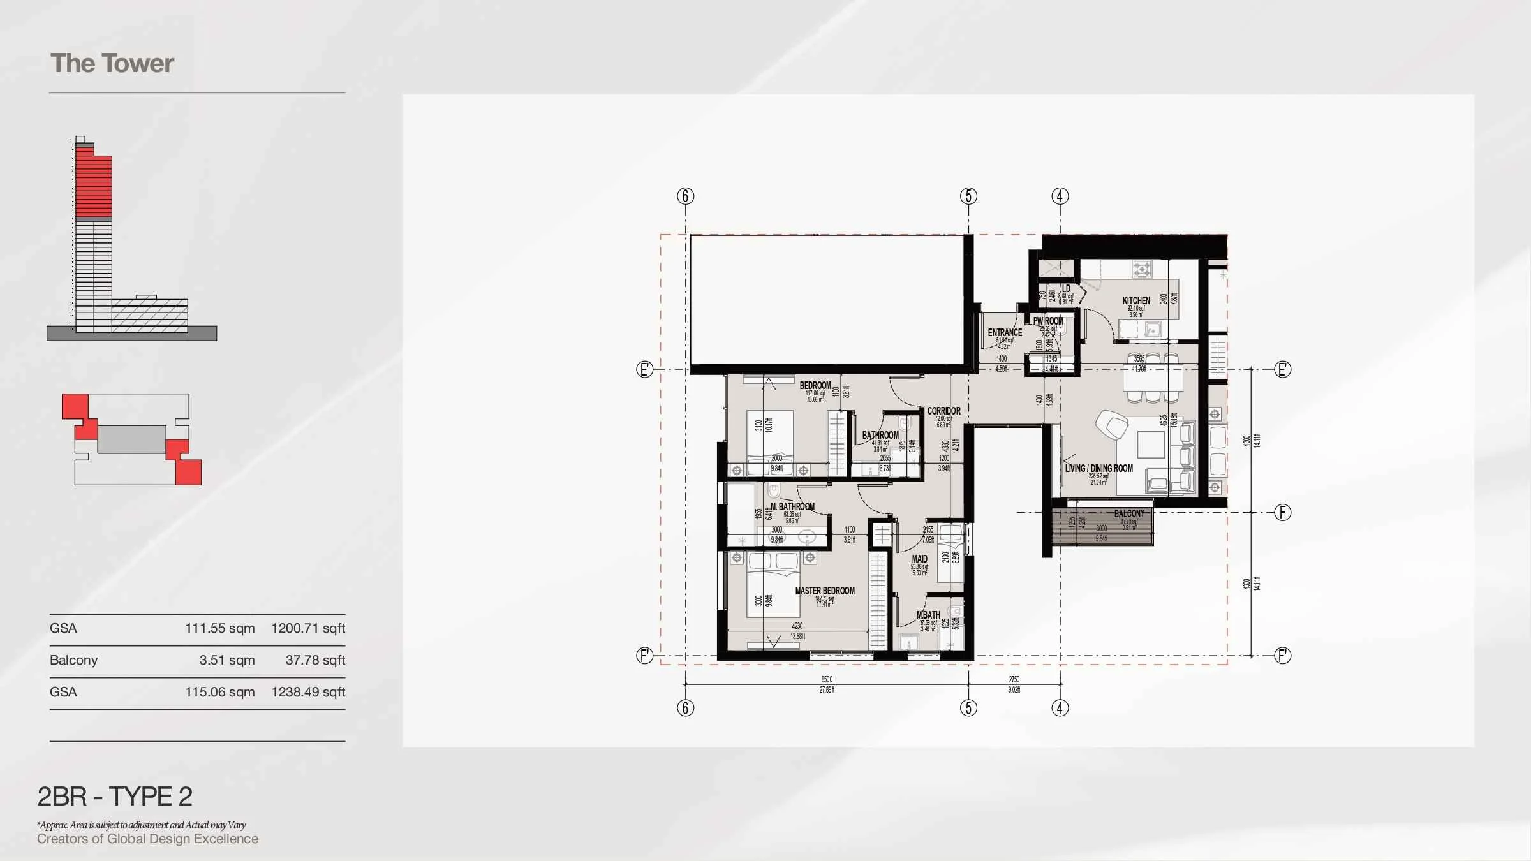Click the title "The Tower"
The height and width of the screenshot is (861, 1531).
point(112,64)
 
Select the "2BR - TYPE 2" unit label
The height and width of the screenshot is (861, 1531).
point(115,797)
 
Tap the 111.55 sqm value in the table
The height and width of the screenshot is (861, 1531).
point(219,628)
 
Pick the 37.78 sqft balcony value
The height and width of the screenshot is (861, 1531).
point(315,660)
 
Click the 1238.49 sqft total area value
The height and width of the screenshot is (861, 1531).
point(308,692)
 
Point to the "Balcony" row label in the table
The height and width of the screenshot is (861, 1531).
point(73,660)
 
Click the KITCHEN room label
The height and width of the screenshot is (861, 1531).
point(1136,300)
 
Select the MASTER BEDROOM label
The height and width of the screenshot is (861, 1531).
point(825,591)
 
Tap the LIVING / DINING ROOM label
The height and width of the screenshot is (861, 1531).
point(1098,468)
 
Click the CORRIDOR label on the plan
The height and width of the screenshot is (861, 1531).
point(943,411)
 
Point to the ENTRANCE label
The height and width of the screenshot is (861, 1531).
point(1005,332)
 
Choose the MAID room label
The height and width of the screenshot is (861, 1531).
point(919,559)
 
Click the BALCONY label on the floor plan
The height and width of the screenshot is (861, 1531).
point(1129,514)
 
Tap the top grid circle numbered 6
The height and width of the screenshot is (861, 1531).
point(685,196)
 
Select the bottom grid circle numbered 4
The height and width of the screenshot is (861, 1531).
point(1060,708)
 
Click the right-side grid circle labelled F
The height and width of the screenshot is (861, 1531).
point(1282,512)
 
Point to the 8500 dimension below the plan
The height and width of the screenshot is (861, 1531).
point(827,679)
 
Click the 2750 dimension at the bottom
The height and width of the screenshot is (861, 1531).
point(1014,679)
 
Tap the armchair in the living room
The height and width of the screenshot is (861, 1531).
point(1111,424)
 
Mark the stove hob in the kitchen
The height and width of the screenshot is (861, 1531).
point(1142,269)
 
